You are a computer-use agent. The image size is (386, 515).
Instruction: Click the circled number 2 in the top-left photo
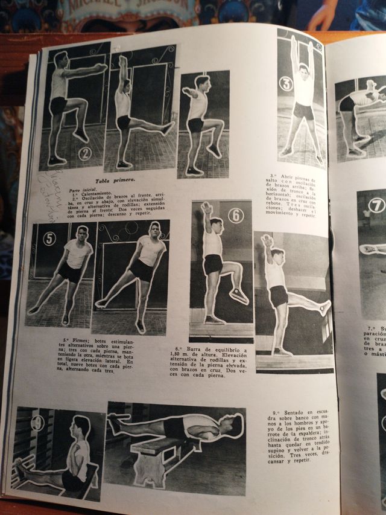[84, 153]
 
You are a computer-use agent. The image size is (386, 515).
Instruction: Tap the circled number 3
[285, 83]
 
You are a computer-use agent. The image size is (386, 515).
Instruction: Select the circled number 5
[49, 238]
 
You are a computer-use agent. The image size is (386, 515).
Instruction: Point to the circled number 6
[235, 216]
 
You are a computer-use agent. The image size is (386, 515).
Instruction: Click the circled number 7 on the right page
[376, 205]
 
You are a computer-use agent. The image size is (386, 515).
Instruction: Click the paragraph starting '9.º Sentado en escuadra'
[296, 435]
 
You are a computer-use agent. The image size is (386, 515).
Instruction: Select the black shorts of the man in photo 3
[303, 112]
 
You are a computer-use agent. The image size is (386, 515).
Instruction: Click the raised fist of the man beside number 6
[207, 208]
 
